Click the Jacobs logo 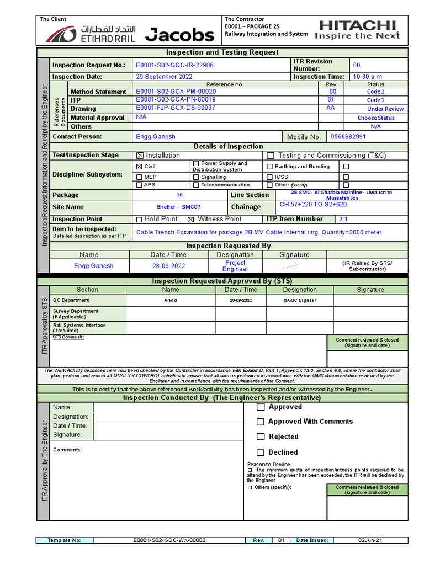point(179,35)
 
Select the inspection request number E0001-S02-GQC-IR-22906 point(174,65)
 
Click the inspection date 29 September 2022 point(164,77)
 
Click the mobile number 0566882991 point(347,137)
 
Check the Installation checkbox point(139,156)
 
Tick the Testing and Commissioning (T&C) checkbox point(271,156)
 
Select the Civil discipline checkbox point(139,166)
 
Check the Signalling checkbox point(196,177)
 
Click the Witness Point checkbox point(191,219)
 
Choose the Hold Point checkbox point(139,219)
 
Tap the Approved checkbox point(261,407)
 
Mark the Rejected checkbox point(261,436)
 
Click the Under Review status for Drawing point(385,109)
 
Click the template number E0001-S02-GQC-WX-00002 point(169,540)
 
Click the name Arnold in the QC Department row point(171,300)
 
